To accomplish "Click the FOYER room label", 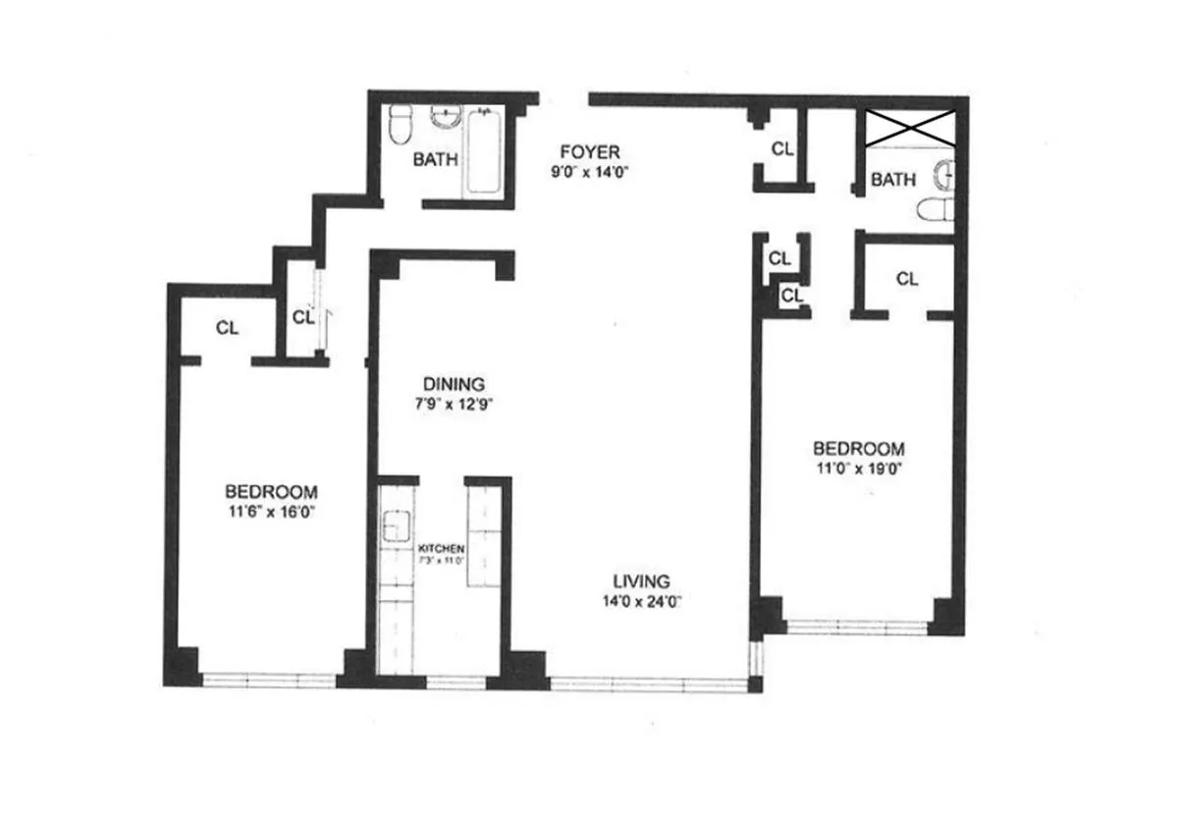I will click(x=589, y=151).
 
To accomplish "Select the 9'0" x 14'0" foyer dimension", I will click(x=589, y=170).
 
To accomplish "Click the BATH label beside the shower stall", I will click(x=893, y=180).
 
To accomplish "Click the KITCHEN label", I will click(x=441, y=548).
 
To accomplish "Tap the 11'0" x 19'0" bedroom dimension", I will click(x=857, y=468).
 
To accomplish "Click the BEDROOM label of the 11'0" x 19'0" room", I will click(x=857, y=448).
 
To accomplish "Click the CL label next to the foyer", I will click(x=781, y=149).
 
